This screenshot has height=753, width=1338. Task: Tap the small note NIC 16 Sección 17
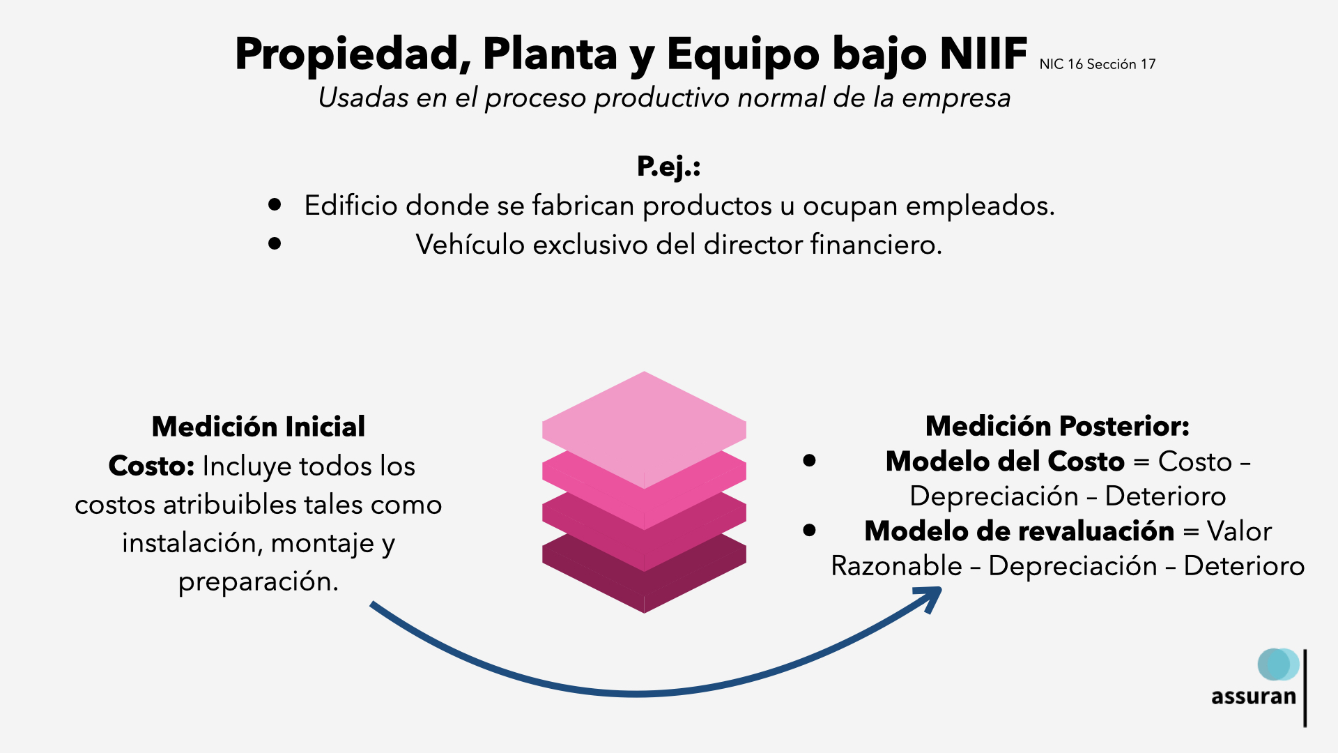click(x=1097, y=64)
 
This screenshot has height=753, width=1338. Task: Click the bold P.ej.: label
click(x=668, y=166)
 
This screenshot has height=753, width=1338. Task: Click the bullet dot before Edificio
click(x=275, y=204)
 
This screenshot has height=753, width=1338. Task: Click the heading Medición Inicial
click(x=258, y=426)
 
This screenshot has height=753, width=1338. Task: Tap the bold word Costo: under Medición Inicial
click(x=151, y=466)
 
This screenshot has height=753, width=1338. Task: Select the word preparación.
click(x=258, y=581)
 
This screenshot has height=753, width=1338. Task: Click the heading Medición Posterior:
click(x=1057, y=425)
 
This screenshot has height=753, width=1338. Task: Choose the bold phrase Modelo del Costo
click(x=1005, y=461)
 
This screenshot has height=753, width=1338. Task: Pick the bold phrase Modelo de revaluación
click(x=1019, y=531)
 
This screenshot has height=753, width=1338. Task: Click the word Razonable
click(x=896, y=565)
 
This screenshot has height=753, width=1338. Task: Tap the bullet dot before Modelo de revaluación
click(x=809, y=530)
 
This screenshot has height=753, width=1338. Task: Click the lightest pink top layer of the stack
click(x=644, y=425)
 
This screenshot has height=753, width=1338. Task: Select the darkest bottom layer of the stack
click(x=644, y=586)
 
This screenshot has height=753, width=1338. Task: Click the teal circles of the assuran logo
click(x=1277, y=664)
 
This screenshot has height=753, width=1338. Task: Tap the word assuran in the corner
click(x=1253, y=697)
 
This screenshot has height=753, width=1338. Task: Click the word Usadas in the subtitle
click(x=363, y=98)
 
